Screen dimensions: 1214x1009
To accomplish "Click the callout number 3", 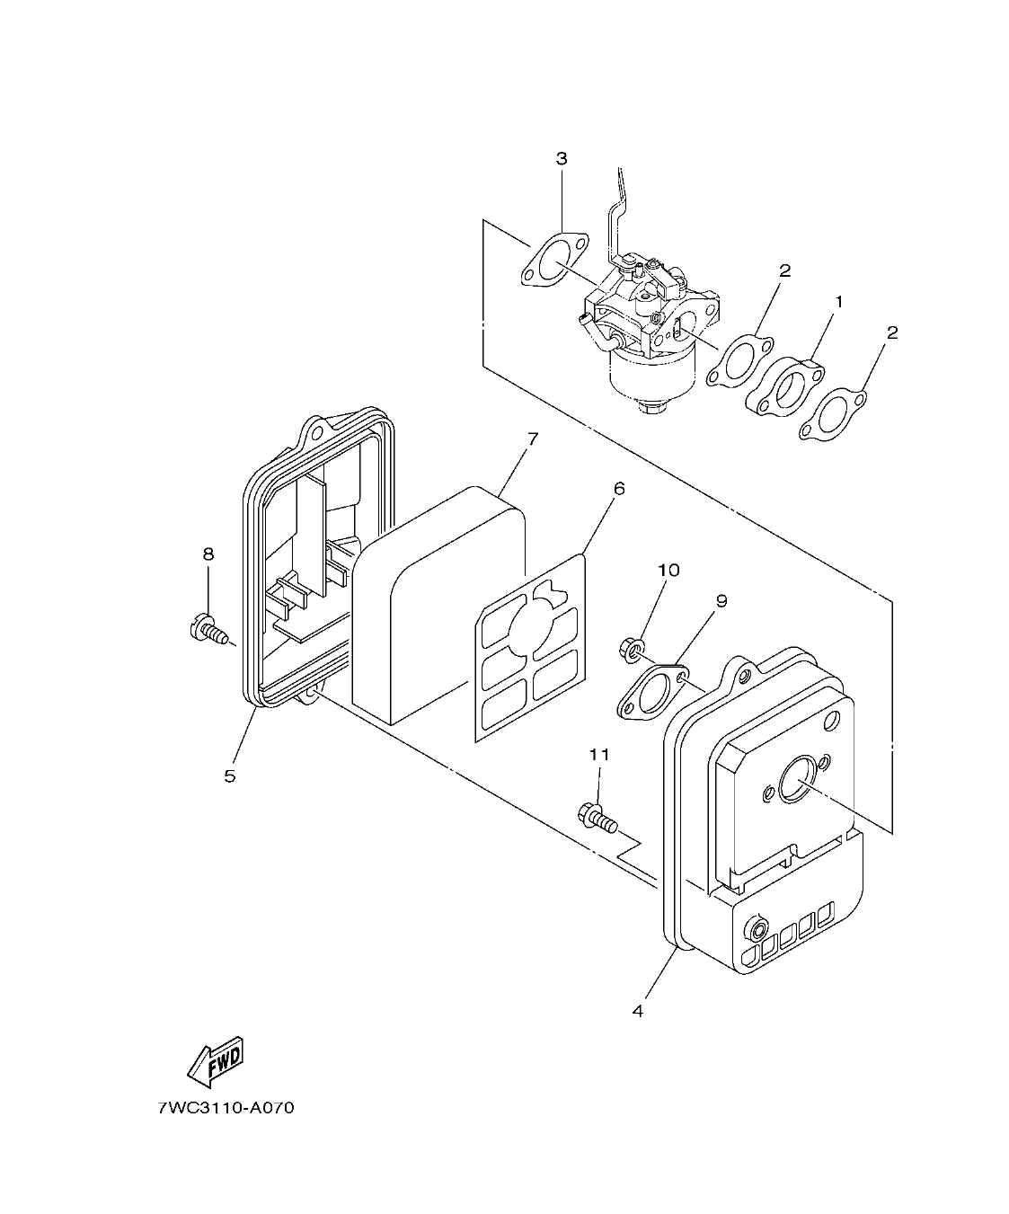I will [562, 159].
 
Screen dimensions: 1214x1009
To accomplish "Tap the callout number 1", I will [839, 303].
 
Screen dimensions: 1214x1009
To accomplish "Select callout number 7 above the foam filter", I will [532, 439].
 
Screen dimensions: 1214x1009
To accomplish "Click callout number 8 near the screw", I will [208, 554].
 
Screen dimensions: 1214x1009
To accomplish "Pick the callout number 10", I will [668, 570].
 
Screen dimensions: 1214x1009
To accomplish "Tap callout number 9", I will [721, 600].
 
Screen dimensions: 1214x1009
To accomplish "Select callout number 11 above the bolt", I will [598, 755].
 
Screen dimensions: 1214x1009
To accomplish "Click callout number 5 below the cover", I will [230, 775].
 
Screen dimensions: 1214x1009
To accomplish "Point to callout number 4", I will [638, 1011].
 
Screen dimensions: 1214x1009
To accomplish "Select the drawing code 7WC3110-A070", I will [226, 1107].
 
